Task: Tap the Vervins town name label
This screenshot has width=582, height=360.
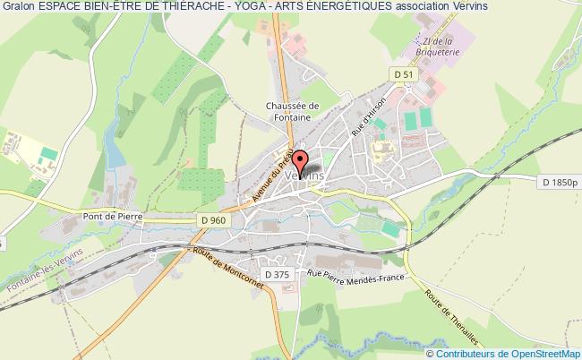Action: click(304, 177)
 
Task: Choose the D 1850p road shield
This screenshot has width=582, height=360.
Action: click(561, 184)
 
